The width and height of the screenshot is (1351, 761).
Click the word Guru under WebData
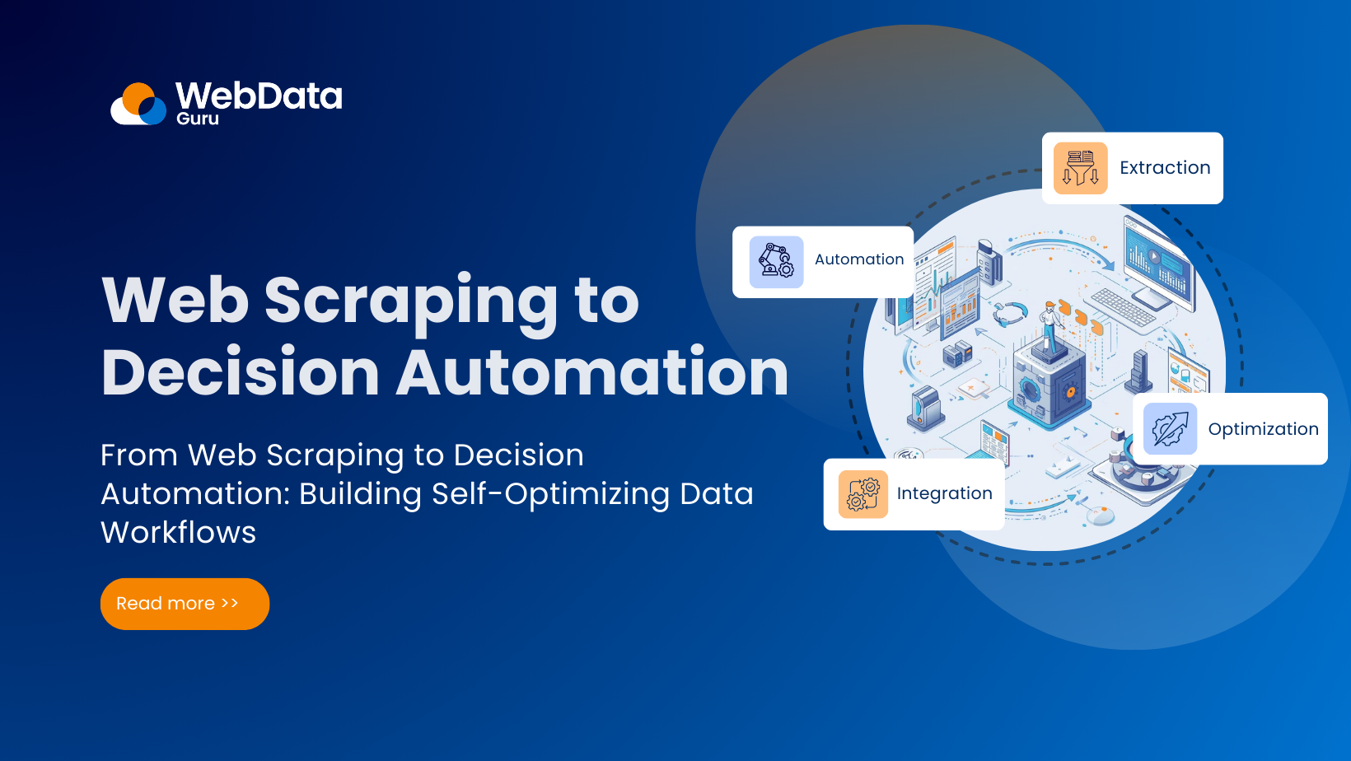(x=198, y=119)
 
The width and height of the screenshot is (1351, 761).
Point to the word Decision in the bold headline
(x=240, y=373)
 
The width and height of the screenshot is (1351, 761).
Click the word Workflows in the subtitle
(x=178, y=533)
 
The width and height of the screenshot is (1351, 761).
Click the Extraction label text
(x=1165, y=168)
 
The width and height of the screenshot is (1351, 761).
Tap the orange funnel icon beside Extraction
(x=1080, y=168)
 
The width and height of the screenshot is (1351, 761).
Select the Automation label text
(x=859, y=259)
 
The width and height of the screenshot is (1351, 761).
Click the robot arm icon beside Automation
(x=776, y=262)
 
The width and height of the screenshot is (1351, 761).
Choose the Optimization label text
(x=1263, y=429)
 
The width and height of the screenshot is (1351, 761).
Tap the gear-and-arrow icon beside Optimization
(x=1170, y=429)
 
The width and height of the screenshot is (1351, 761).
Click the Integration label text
(x=944, y=493)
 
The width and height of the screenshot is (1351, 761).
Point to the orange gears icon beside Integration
(x=862, y=494)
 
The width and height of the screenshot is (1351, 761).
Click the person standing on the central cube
(x=1049, y=325)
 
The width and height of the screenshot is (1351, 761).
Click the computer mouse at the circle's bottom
(x=1101, y=516)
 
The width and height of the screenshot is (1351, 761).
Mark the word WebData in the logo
(x=259, y=96)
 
